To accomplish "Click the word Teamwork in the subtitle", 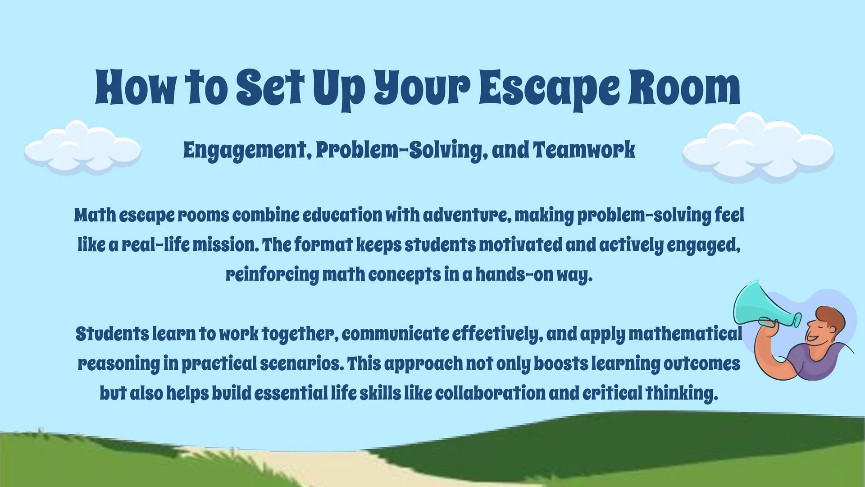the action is (x=584, y=150).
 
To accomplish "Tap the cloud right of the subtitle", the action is (x=758, y=147).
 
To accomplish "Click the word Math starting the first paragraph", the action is (x=95, y=215).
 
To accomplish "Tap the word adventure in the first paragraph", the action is (x=467, y=215).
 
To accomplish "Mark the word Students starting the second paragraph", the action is (x=112, y=334).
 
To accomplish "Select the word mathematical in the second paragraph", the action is (x=685, y=334).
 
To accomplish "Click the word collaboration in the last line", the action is (x=490, y=393).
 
